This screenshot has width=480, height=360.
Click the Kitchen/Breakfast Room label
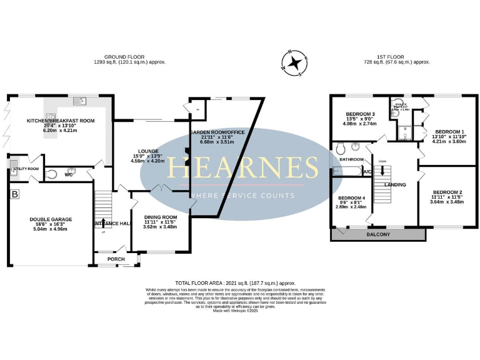[60, 120]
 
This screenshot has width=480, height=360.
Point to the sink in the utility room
[14, 166]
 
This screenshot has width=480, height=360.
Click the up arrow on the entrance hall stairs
[103, 232]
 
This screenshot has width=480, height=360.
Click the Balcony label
[379, 234]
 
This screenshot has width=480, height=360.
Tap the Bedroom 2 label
[447, 192]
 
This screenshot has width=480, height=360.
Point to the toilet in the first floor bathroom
[341, 149]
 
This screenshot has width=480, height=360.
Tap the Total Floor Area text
[235, 283]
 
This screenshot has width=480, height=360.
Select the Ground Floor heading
[129, 56]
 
